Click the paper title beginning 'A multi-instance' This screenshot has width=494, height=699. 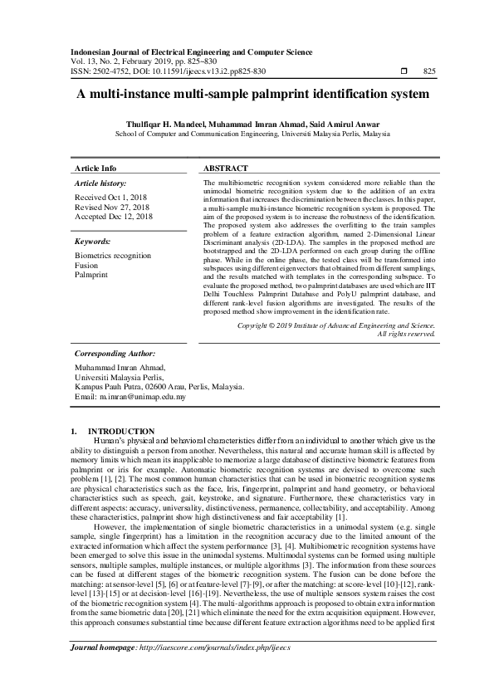[x=247, y=95]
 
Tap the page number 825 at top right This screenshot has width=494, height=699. [x=429, y=72]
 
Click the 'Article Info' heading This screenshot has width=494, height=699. [x=95, y=168]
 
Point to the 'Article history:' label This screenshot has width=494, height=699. [x=100, y=182]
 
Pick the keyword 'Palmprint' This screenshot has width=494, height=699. [x=91, y=275]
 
